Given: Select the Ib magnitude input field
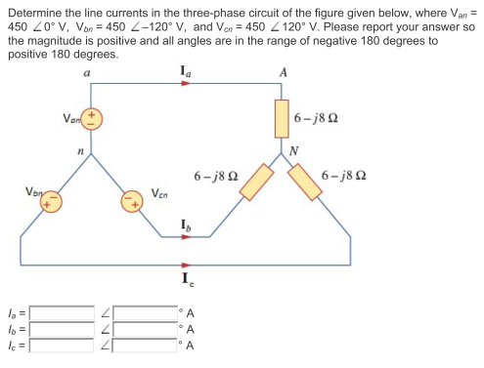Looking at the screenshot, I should tap(62, 329).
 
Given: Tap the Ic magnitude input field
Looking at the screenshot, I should tap(62, 344).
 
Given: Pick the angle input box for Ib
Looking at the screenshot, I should tap(145, 329).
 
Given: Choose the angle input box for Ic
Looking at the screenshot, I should tap(145, 344).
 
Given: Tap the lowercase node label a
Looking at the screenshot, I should tap(89, 72).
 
